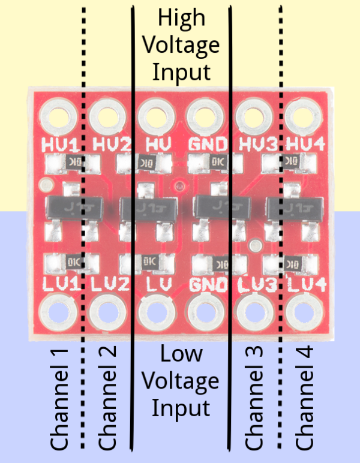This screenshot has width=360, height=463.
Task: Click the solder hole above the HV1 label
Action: coord(57,115)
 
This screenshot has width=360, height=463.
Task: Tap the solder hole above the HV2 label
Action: coord(106,115)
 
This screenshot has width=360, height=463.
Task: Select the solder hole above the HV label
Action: coord(155,115)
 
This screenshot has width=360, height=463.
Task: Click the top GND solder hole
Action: coord(205,115)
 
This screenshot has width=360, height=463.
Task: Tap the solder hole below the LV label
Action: coord(155,312)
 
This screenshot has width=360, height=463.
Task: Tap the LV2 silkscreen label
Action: coord(110,284)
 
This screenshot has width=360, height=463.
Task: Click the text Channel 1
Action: coord(60,398)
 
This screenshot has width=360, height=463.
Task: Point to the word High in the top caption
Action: coord(181,18)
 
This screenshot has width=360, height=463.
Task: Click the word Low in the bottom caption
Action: coord(181,354)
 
